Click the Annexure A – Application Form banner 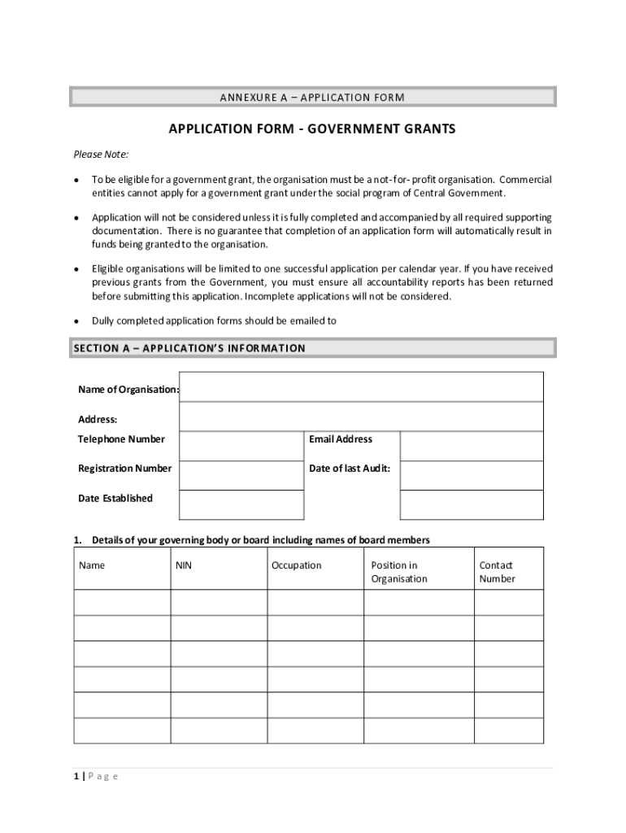312,98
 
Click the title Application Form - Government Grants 312,129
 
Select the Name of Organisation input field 361,387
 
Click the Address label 98,420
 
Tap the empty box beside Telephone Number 241,446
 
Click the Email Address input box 472,446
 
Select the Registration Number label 124,469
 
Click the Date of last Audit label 350,469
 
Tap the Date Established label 115,498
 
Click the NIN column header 183,565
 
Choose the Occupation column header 296,565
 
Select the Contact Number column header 497,572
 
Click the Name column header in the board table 91,565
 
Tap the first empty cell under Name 122,603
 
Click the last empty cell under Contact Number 508,731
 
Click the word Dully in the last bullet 104,321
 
